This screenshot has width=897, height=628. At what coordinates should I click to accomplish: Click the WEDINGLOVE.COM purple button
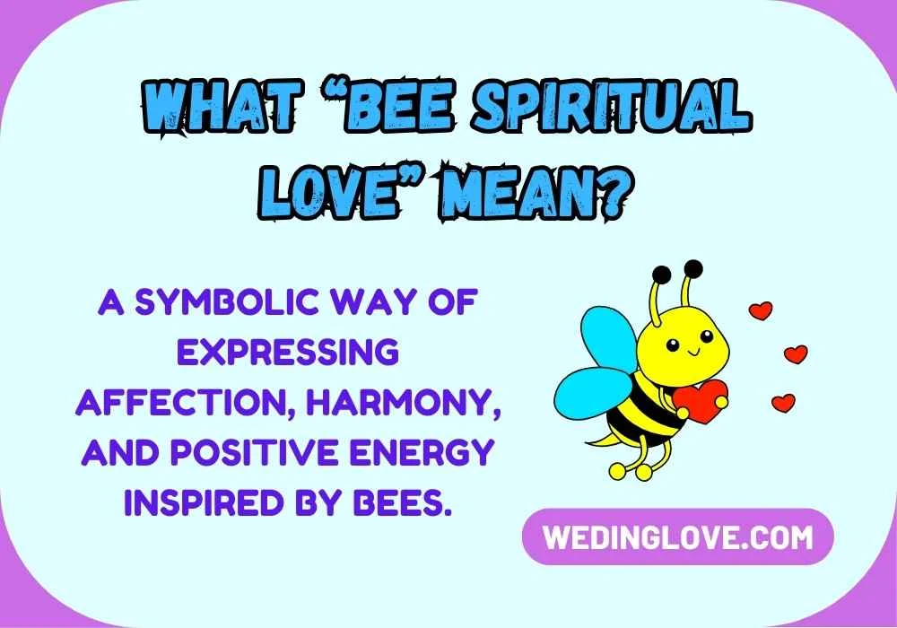678,536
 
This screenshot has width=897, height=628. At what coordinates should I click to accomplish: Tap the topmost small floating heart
761,310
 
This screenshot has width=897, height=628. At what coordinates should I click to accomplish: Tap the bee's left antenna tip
661,273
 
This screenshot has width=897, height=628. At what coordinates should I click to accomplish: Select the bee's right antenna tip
692,266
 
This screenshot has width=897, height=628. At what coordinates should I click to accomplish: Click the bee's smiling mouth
691,357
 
